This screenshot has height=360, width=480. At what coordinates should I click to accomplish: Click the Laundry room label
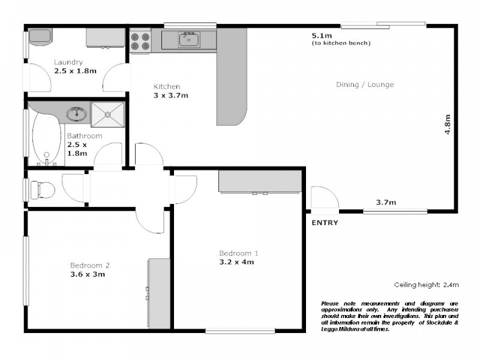(68, 62)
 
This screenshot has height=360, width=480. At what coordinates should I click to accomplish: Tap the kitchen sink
(188, 40)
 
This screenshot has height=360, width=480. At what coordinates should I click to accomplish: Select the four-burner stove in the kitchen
(140, 40)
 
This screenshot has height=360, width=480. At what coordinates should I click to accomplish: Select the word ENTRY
(325, 223)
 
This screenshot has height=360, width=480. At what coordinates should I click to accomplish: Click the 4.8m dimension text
(447, 124)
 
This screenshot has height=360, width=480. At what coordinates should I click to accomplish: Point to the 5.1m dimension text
(320, 36)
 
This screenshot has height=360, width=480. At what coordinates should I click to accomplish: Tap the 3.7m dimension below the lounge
(386, 202)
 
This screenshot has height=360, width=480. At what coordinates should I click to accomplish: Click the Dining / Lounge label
(364, 85)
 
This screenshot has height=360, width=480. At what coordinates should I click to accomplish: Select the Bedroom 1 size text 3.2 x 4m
(239, 262)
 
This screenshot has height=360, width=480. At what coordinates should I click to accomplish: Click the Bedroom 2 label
(89, 265)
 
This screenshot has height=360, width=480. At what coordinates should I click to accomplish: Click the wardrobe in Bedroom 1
(260, 181)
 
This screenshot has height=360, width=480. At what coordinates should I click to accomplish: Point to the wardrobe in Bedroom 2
(160, 293)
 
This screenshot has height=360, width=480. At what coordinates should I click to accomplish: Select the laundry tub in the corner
(40, 37)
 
